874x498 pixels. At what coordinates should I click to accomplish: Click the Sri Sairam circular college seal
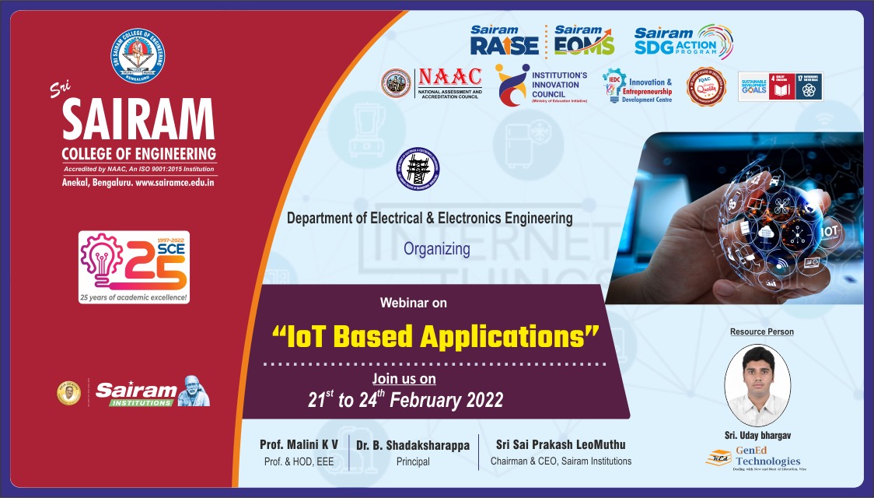point(138,56)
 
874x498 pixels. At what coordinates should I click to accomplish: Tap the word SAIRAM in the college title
point(138,121)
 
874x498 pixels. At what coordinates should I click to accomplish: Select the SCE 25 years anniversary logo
point(135,267)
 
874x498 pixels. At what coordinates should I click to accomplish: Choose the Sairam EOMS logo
point(583,41)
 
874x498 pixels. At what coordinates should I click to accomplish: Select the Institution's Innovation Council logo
point(541,84)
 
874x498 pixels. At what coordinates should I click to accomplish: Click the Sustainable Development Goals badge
point(779,86)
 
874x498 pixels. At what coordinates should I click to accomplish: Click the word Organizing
point(436,249)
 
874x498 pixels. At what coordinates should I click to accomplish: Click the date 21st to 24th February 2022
point(405,401)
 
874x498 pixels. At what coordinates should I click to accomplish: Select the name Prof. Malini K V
point(299,445)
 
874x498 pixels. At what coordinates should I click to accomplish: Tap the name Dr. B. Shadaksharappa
point(413,445)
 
